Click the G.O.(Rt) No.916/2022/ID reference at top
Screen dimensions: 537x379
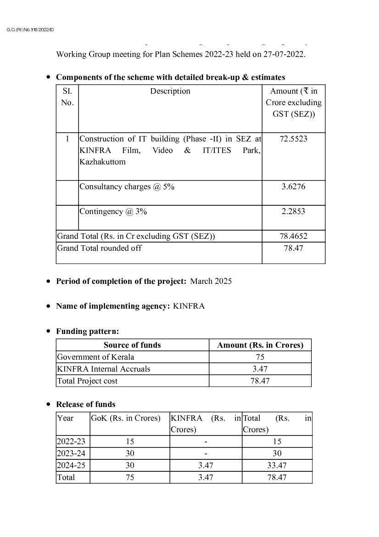30,30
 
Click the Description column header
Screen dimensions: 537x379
170,91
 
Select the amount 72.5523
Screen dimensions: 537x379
293,139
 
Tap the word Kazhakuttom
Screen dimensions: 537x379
102,162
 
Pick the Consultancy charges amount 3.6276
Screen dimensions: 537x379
293,187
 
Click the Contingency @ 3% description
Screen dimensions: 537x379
113,211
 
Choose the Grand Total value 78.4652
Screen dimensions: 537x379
293,236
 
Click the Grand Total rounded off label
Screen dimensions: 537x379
99,248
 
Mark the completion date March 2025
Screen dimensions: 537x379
211,281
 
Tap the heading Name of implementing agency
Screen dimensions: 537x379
113,306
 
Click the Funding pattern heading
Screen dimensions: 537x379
87,331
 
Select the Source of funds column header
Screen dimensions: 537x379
132,345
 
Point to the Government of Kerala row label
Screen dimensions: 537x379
95,357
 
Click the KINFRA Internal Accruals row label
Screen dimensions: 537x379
103,369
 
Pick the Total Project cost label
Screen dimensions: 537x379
87,381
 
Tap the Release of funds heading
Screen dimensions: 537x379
86,404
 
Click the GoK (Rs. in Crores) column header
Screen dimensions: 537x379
126,418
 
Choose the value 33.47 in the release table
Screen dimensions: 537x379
277,465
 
